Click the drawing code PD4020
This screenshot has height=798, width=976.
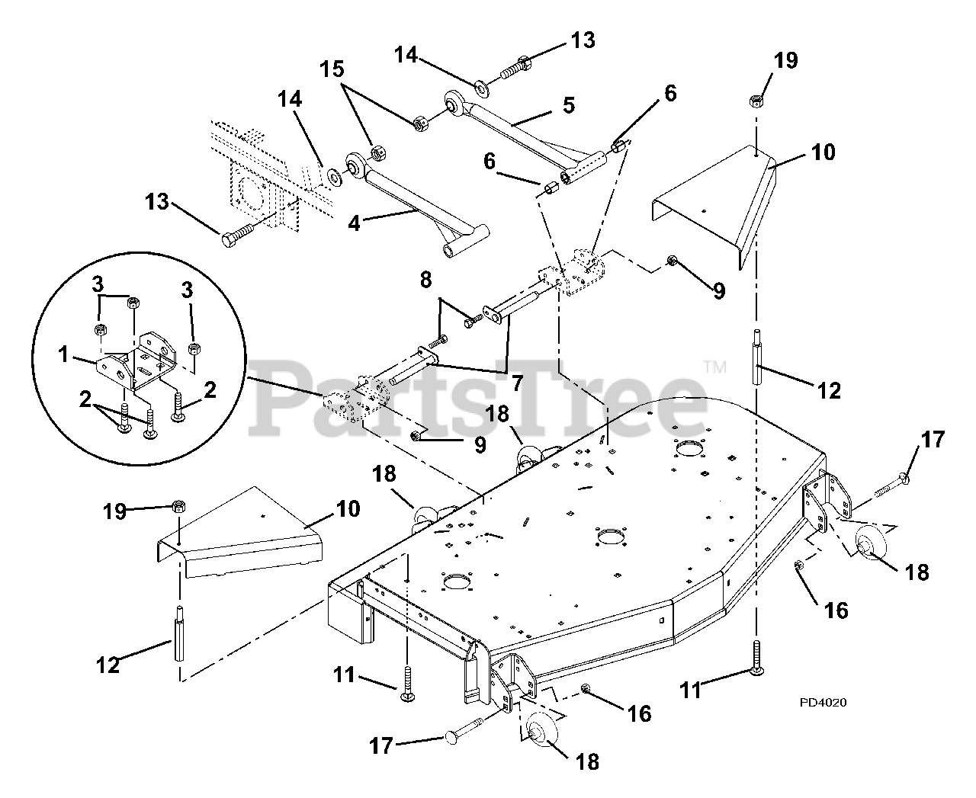pyautogui.click(x=823, y=702)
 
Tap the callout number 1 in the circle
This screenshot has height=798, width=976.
pyautogui.click(x=63, y=355)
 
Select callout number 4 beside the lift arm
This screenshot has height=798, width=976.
pyautogui.click(x=354, y=223)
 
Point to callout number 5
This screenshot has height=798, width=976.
pyautogui.click(x=569, y=105)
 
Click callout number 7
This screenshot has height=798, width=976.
pyautogui.click(x=517, y=383)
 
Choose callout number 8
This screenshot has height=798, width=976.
pyautogui.click(x=425, y=280)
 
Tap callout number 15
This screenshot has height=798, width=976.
pyautogui.click(x=332, y=69)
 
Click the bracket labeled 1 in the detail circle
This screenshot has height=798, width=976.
pyautogui.click(x=136, y=361)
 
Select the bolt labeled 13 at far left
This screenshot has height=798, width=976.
pyautogui.click(x=238, y=235)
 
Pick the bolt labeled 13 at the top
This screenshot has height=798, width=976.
pyautogui.click(x=516, y=67)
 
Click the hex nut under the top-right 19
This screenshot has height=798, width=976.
pyautogui.click(x=755, y=101)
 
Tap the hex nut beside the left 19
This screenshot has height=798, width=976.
pyautogui.click(x=178, y=505)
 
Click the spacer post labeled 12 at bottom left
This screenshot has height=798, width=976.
pyautogui.click(x=179, y=633)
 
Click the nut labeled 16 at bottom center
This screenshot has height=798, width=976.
pyautogui.click(x=585, y=689)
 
